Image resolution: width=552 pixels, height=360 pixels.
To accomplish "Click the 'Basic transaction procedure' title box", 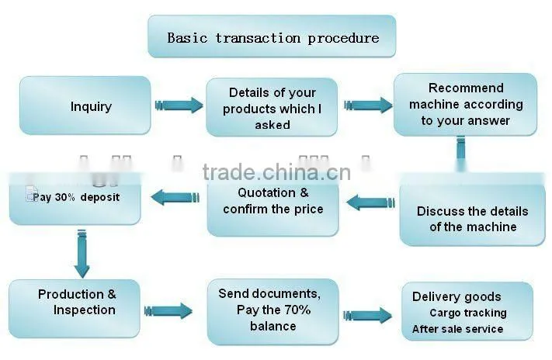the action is [x=272, y=36].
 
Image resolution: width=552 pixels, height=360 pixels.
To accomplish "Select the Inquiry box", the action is [x=85, y=106].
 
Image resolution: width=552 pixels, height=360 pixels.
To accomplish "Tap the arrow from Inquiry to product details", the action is [x=179, y=105].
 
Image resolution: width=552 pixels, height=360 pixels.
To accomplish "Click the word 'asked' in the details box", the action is [x=273, y=125].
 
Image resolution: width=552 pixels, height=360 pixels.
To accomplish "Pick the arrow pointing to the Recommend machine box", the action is [x=368, y=105].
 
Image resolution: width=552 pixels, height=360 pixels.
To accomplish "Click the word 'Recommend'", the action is [x=466, y=88].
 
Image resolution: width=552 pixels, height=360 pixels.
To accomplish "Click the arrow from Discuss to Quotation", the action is [x=370, y=202].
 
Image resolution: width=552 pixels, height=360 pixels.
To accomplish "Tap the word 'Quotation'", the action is [x=266, y=192].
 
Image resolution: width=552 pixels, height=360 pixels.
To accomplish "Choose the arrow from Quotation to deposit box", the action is [x=175, y=197].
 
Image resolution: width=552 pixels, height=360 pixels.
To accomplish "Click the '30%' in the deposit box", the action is [x=64, y=197].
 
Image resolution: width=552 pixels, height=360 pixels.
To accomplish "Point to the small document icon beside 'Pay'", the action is [x=30, y=194].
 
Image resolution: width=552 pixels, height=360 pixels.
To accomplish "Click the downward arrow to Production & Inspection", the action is [x=82, y=254].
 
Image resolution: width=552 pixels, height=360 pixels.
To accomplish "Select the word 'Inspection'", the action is [x=85, y=310].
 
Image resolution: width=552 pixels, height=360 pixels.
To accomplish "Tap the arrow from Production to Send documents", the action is [x=168, y=311].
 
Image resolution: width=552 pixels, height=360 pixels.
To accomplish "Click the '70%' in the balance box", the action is [x=297, y=310].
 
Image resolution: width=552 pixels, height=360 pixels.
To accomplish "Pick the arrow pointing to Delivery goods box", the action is [x=367, y=315].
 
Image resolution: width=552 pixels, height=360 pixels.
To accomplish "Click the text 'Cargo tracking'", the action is [x=468, y=313].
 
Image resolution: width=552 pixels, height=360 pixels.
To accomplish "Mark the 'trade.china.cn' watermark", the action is [x=276, y=172].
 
